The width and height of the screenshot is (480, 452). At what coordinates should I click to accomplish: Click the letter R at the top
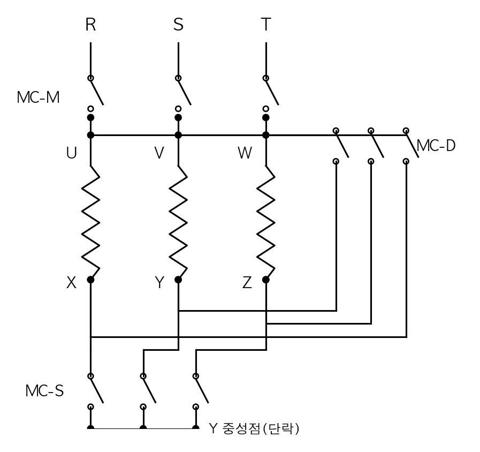click(90, 25)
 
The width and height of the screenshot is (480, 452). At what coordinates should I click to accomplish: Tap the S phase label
click(179, 25)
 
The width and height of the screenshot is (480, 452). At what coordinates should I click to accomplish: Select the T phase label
click(266, 25)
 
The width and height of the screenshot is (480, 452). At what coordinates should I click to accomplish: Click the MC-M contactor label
click(39, 97)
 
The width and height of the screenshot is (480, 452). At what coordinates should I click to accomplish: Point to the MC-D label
click(436, 146)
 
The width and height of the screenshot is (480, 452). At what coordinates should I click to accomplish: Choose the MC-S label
click(45, 391)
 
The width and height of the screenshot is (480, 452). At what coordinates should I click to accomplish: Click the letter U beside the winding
click(71, 153)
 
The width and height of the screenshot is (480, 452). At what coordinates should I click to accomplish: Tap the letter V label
click(159, 153)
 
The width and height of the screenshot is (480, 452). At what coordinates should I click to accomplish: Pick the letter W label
click(245, 153)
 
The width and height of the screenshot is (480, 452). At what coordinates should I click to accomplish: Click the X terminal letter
click(71, 283)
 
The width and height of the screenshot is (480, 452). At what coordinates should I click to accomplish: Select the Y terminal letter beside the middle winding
click(159, 283)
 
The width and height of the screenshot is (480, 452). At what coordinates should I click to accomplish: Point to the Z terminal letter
click(247, 283)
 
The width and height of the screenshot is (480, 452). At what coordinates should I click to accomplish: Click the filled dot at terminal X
click(90, 280)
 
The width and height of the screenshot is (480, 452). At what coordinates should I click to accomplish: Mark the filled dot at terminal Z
click(266, 280)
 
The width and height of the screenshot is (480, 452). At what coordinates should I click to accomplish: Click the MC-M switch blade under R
click(97, 92)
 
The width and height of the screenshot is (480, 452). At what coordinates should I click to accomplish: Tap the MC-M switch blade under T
click(272, 92)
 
